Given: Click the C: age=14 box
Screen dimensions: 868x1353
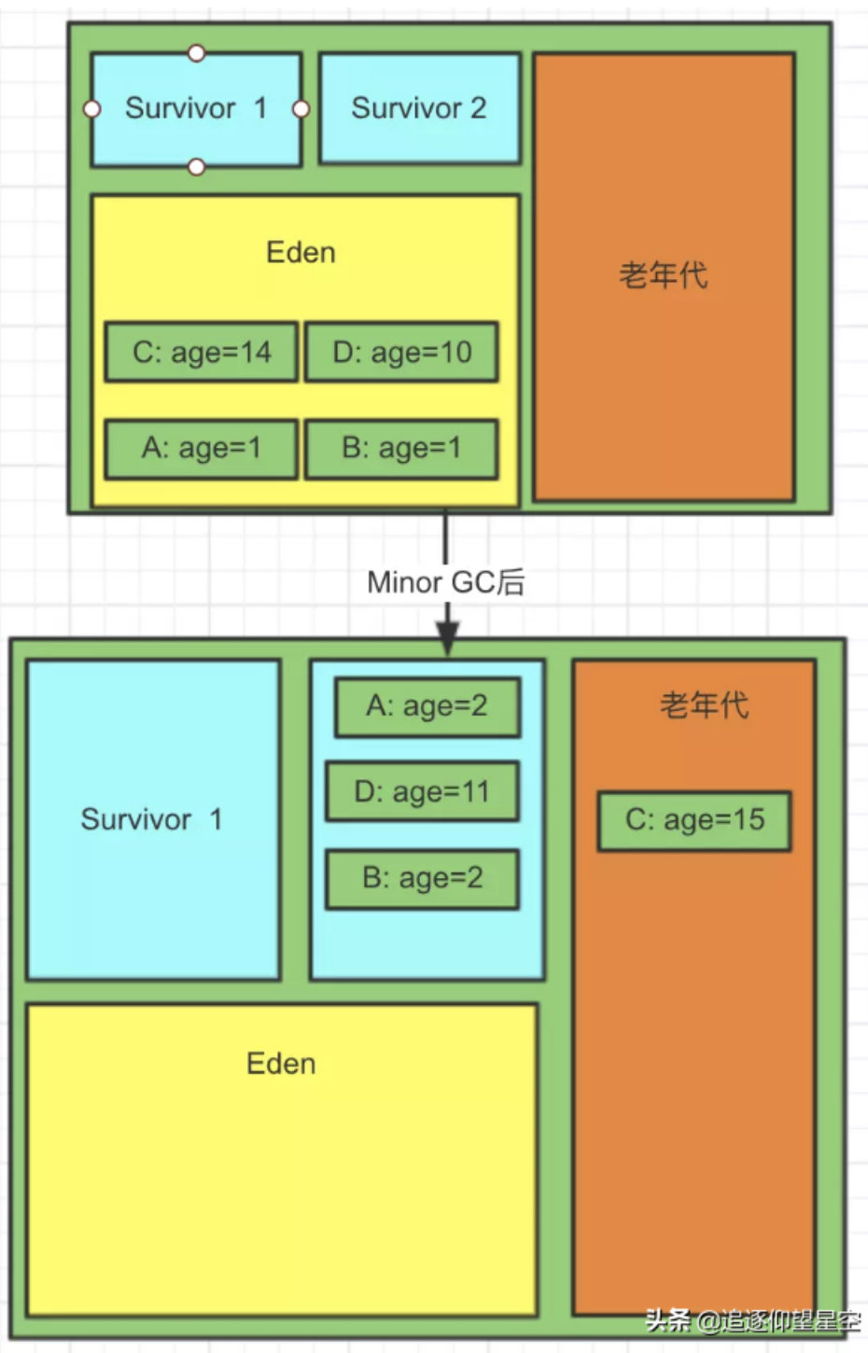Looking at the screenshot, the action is tap(202, 353).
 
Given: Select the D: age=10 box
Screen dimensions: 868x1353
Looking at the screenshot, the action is tap(401, 353).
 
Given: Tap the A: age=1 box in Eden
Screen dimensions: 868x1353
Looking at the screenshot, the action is tap(202, 449).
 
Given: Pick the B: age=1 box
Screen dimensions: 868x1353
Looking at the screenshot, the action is tap(401, 449).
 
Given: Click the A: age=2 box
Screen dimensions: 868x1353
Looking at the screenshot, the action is tap(427, 706).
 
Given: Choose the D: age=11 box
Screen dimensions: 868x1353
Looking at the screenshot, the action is tap(422, 792).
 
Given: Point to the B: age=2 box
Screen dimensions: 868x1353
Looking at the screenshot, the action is tap(422, 878).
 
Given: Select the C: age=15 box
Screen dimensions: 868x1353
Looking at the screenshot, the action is tap(694, 820).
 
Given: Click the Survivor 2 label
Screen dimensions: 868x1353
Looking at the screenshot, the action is tap(419, 108).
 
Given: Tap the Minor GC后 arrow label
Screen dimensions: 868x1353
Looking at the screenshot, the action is tap(446, 582).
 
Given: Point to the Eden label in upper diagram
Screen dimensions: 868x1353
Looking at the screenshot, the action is tap(301, 253).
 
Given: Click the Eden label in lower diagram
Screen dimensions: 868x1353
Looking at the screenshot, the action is tap(281, 1064).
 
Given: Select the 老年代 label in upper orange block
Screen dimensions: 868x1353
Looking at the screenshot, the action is tap(663, 275).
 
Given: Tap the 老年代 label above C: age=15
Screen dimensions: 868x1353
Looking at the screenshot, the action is tap(704, 704).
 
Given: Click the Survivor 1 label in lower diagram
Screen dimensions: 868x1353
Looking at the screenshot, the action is tap(151, 819).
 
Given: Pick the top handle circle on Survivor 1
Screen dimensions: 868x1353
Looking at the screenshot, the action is tap(196, 53).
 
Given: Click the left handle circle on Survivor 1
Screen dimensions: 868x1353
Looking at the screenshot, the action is tap(91, 109).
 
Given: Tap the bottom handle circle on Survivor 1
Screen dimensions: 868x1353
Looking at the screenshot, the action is tap(196, 167).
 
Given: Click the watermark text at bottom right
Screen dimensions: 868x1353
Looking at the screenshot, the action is tap(752, 1320).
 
